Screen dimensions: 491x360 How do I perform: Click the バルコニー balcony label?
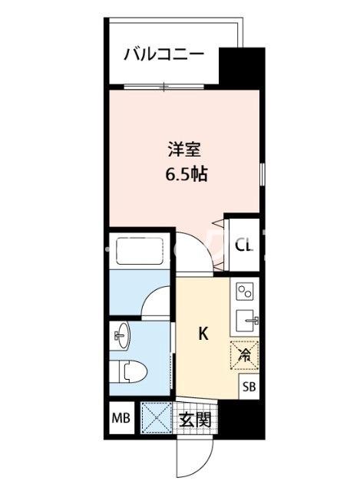163,54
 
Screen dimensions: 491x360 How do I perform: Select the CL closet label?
243,246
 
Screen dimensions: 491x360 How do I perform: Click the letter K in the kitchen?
203,333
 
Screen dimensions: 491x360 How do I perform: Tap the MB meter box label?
121,419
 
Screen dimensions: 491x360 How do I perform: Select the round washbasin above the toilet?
121,334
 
